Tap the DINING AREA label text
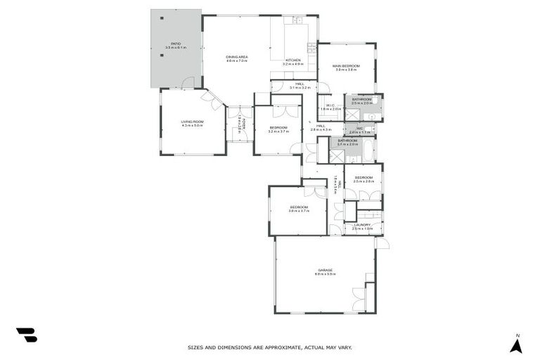(236, 56)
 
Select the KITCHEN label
(293, 60)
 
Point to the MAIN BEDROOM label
(346, 65)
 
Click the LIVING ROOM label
(192, 122)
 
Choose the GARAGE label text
(325, 270)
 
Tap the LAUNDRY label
(362, 225)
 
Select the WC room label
(359, 128)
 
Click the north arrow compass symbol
(516, 345)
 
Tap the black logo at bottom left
(26, 335)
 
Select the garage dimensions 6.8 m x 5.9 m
(325, 274)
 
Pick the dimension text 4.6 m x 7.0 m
(236, 61)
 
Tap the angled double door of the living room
(214, 99)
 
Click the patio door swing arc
(188, 83)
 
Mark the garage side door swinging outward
(382, 243)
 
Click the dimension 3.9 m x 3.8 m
(346, 70)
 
